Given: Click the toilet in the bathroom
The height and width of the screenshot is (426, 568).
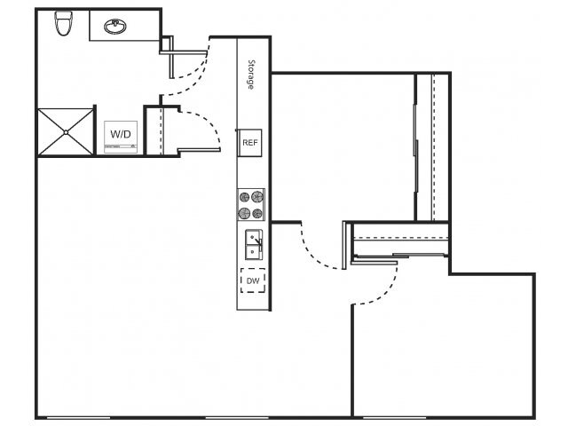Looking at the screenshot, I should pos(63,24).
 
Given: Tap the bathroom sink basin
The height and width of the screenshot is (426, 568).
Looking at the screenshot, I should pos(114,27).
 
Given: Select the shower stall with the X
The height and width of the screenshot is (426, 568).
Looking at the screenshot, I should pos(66,132).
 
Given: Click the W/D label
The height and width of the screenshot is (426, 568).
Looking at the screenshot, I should pos(120,134).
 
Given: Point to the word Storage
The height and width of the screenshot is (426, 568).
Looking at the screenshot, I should pos(251,75).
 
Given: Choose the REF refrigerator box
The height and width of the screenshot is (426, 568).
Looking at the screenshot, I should pos(250,142).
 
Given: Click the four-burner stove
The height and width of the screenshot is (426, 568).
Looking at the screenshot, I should pos(251,205).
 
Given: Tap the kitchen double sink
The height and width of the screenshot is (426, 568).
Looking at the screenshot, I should pos(253,245).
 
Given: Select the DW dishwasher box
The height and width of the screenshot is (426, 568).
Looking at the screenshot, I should pos(253,281).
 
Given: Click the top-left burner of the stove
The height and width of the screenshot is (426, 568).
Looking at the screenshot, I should pos(245,197).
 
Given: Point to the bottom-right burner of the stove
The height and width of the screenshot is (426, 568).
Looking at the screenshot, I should pos(257,213).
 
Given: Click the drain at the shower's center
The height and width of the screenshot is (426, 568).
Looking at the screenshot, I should pos(66,132).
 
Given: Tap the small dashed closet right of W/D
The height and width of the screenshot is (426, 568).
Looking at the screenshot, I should pos(154,132).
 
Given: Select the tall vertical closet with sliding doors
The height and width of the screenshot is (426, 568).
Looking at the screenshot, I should pos(432,146).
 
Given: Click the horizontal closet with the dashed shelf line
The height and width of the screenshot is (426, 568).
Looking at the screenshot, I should pos(400,240).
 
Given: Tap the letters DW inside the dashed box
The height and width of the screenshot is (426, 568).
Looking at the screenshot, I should pos(253,281).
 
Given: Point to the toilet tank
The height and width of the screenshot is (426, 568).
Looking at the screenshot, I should pos(63,14).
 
